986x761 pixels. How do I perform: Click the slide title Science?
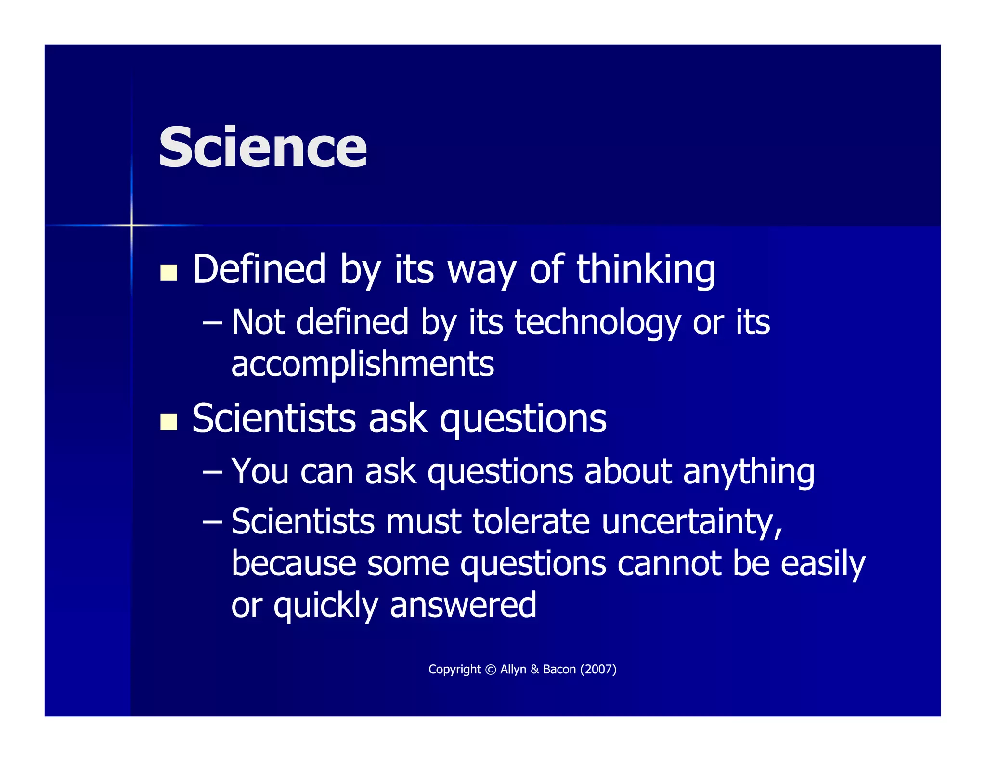click(262, 147)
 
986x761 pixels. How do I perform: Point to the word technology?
click(597, 322)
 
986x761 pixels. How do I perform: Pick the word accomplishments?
click(363, 364)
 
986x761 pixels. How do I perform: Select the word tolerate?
click(531, 522)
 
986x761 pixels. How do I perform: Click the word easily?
click(822, 564)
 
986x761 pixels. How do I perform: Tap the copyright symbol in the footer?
click(491, 670)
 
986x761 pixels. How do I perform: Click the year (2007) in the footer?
click(598, 670)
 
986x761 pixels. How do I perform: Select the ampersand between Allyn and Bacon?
click(534, 670)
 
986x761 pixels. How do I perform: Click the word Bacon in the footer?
click(559, 670)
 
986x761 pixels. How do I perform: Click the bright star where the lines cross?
click(131, 225)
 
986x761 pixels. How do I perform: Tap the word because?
click(294, 564)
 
